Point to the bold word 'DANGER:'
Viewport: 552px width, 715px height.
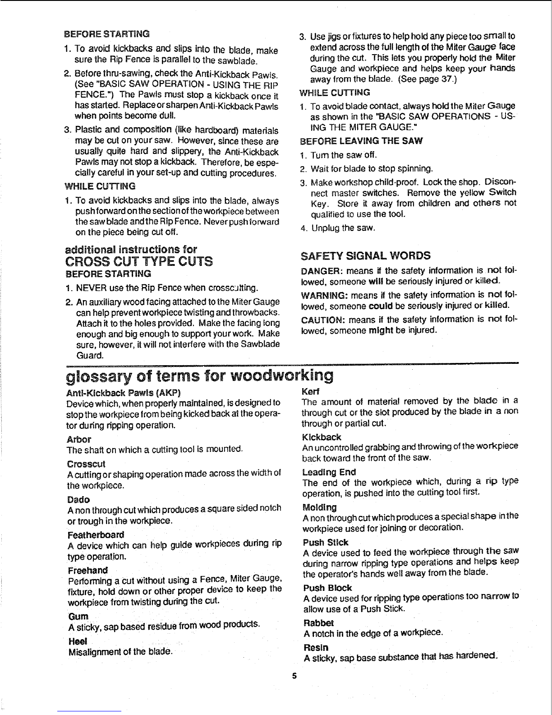318,271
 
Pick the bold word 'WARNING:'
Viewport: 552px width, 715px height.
321,296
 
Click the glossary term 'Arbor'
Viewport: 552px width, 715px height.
78,439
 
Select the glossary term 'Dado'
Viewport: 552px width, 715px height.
78,500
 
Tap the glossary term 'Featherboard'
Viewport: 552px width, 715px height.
95,535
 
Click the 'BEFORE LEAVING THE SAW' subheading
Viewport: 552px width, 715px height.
361,141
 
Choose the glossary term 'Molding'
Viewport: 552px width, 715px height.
320,507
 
